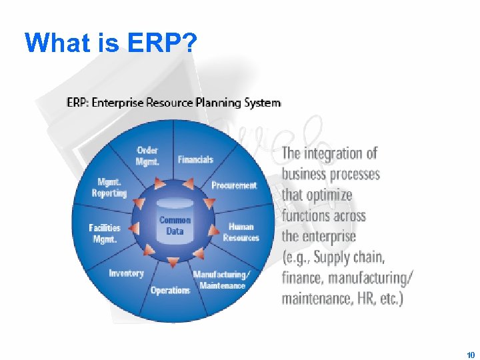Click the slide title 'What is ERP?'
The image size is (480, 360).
[111, 43]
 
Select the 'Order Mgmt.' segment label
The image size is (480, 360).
[147, 155]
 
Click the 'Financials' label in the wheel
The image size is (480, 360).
[195, 160]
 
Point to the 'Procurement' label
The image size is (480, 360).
[234, 185]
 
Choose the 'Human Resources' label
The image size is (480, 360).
[241, 232]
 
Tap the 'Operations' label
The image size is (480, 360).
[170, 290]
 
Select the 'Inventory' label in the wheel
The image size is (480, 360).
[126, 273]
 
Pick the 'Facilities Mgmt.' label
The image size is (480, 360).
[105, 233]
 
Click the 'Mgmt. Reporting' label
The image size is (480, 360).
[109, 187]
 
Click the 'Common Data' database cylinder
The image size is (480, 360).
[175, 225]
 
